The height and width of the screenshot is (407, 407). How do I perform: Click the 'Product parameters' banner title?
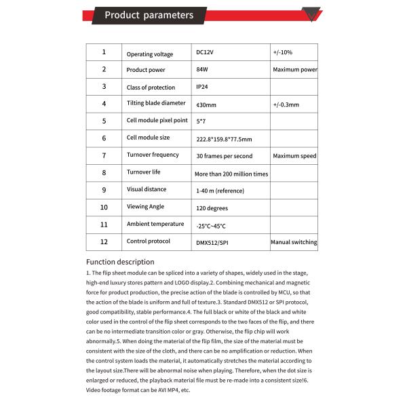pos(149,15)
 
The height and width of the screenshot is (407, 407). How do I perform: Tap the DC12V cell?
pos(205,52)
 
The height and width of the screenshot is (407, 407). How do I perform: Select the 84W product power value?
pos(201,70)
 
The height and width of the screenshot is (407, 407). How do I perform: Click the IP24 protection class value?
pos(203,87)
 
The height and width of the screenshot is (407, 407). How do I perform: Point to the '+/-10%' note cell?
pos(283,52)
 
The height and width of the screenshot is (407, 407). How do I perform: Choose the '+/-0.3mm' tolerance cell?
pos(286,104)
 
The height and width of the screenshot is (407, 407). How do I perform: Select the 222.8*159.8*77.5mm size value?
pos(223,139)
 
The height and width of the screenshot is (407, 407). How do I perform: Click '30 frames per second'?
pos(224,156)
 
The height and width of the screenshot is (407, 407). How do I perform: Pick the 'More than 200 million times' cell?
pos(231,174)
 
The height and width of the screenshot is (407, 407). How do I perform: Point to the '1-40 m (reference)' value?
pos(220,191)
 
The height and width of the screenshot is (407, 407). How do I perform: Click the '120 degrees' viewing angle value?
pos(212,208)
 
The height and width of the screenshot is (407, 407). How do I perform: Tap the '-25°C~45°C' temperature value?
pos(211,226)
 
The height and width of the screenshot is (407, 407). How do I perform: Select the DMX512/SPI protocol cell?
pos(212,242)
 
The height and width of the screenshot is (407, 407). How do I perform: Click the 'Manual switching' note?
pos(294,242)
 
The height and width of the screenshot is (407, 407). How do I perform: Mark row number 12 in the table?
pos(104,241)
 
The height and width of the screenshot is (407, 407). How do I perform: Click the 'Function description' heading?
pos(119,262)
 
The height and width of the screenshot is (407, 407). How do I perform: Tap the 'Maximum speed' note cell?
pos(294,156)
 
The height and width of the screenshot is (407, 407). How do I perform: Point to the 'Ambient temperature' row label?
pos(155,224)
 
